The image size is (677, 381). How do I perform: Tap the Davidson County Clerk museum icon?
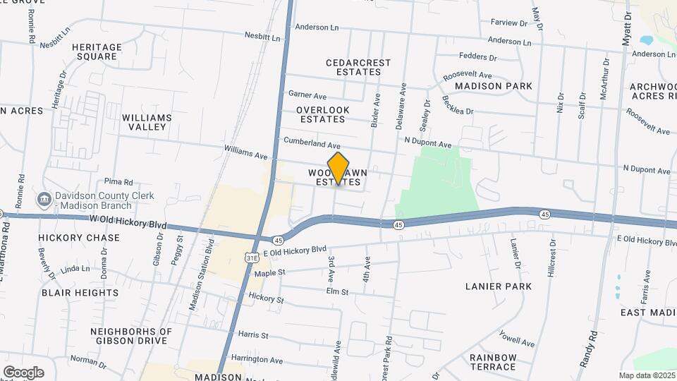point(44,199)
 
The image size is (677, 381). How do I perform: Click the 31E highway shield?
point(252,259)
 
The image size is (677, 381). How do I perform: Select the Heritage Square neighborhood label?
point(97,52)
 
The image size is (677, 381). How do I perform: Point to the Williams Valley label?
point(147,122)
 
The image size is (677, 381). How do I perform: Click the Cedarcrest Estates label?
point(358,67)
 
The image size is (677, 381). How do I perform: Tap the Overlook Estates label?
point(323,114)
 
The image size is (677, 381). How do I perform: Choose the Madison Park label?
point(493,85)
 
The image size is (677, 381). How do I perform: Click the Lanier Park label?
point(499,286)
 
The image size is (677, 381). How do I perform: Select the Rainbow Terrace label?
point(493,362)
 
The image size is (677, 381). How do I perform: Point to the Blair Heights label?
point(80,292)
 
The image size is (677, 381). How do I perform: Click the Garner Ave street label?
point(308,95)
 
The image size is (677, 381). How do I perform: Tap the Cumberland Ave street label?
point(312,143)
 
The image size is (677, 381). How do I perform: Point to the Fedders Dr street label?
point(478,57)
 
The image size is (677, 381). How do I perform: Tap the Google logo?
point(23,372)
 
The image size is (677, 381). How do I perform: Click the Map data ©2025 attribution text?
point(645,375)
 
